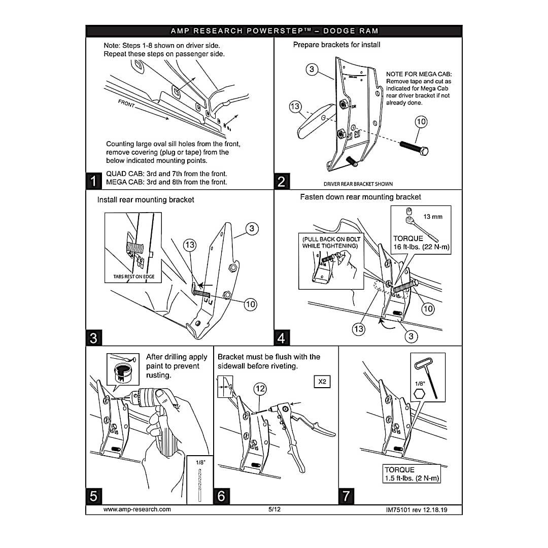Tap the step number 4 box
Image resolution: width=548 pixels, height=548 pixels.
pos(281,337)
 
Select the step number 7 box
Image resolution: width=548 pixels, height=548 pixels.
pos(346,496)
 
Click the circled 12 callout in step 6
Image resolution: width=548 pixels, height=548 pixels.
pos(260,389)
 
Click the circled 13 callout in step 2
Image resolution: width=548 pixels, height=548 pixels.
pos(295,107)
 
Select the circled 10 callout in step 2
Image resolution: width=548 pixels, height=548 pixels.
pos(421,122)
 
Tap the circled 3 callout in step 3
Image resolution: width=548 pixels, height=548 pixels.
pos(252,229)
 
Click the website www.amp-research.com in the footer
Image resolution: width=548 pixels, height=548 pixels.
pos(137,509)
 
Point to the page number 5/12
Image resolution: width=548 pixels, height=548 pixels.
pos(275,509)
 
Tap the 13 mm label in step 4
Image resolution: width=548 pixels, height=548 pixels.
pos(433,217)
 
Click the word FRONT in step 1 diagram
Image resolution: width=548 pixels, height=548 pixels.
pos(127,105)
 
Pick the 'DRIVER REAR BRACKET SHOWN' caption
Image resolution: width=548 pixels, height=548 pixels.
pos(358,184)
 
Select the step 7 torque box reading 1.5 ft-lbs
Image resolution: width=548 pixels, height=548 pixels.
pos(412,474)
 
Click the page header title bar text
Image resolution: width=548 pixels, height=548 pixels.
pos(274,31)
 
